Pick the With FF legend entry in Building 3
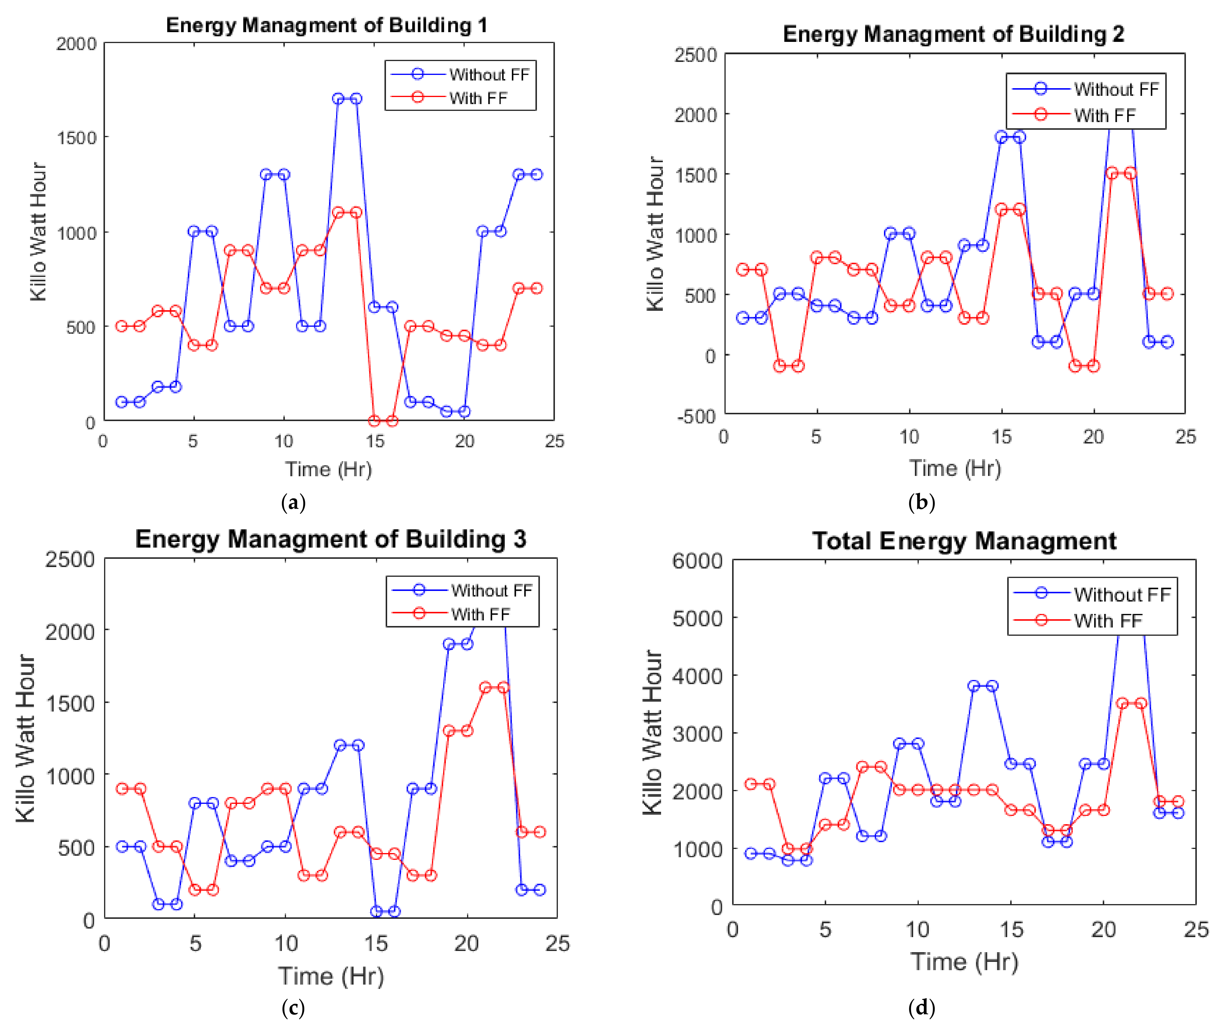pyautogui.click(x=480, y=614)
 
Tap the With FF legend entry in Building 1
pyautogui.click(x=478, y=98)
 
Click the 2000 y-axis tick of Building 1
pyautogui.click(x=76, y=44)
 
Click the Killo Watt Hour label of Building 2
pyautogui.click(x=655, y=234)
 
